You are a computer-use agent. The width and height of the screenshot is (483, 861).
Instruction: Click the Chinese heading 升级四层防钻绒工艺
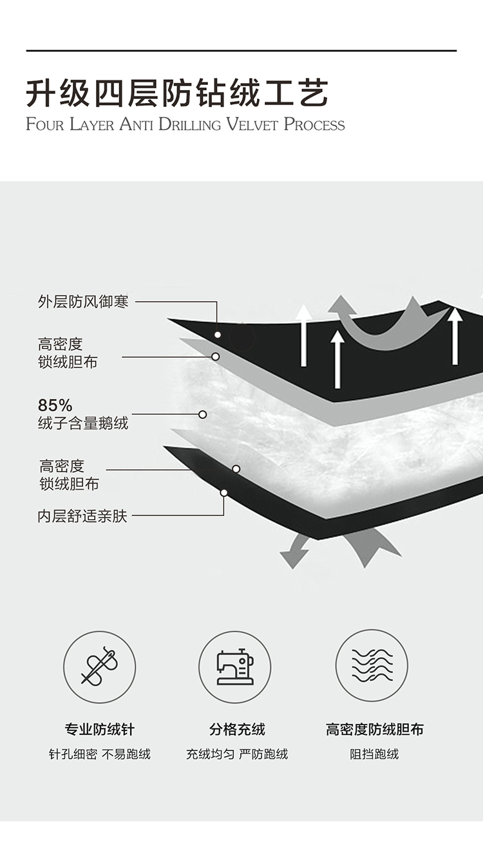pos(177,93)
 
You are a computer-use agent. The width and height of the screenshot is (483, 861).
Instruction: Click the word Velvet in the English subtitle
pos(252,124)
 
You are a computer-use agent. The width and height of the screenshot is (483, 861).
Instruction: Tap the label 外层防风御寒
pos(83,301)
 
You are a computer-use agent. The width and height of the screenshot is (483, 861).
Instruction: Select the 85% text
pos(55,405)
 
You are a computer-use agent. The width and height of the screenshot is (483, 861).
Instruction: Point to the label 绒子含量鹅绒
pos(83,423)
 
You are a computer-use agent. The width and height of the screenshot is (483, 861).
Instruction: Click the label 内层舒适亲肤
pos(82,516)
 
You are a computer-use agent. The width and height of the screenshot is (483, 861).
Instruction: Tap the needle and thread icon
pos(99,667)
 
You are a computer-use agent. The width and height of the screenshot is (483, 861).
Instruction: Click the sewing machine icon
pos(234,667)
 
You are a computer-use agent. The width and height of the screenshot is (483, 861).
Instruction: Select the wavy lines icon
pos(372,665)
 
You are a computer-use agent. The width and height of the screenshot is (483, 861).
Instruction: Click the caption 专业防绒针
pos(99,730)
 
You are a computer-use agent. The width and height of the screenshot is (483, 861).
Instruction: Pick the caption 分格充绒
pos(237,730)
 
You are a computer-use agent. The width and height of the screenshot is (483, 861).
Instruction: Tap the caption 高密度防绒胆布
pos(374,730)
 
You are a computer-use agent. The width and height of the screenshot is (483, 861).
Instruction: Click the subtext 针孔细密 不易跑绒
pos(99,754)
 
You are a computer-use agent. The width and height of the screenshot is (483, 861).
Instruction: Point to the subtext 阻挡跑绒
pos(374,754)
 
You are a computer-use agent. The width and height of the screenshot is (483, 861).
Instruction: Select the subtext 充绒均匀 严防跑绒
pos(237,754)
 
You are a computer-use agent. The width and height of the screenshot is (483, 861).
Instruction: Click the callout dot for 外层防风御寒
pos(218,335)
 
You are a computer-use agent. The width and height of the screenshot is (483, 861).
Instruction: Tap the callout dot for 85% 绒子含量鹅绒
pos(202,414)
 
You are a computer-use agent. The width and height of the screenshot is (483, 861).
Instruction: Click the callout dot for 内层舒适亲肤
pos(224,493)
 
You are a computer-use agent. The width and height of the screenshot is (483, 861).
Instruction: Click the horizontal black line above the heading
pos(241,50)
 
